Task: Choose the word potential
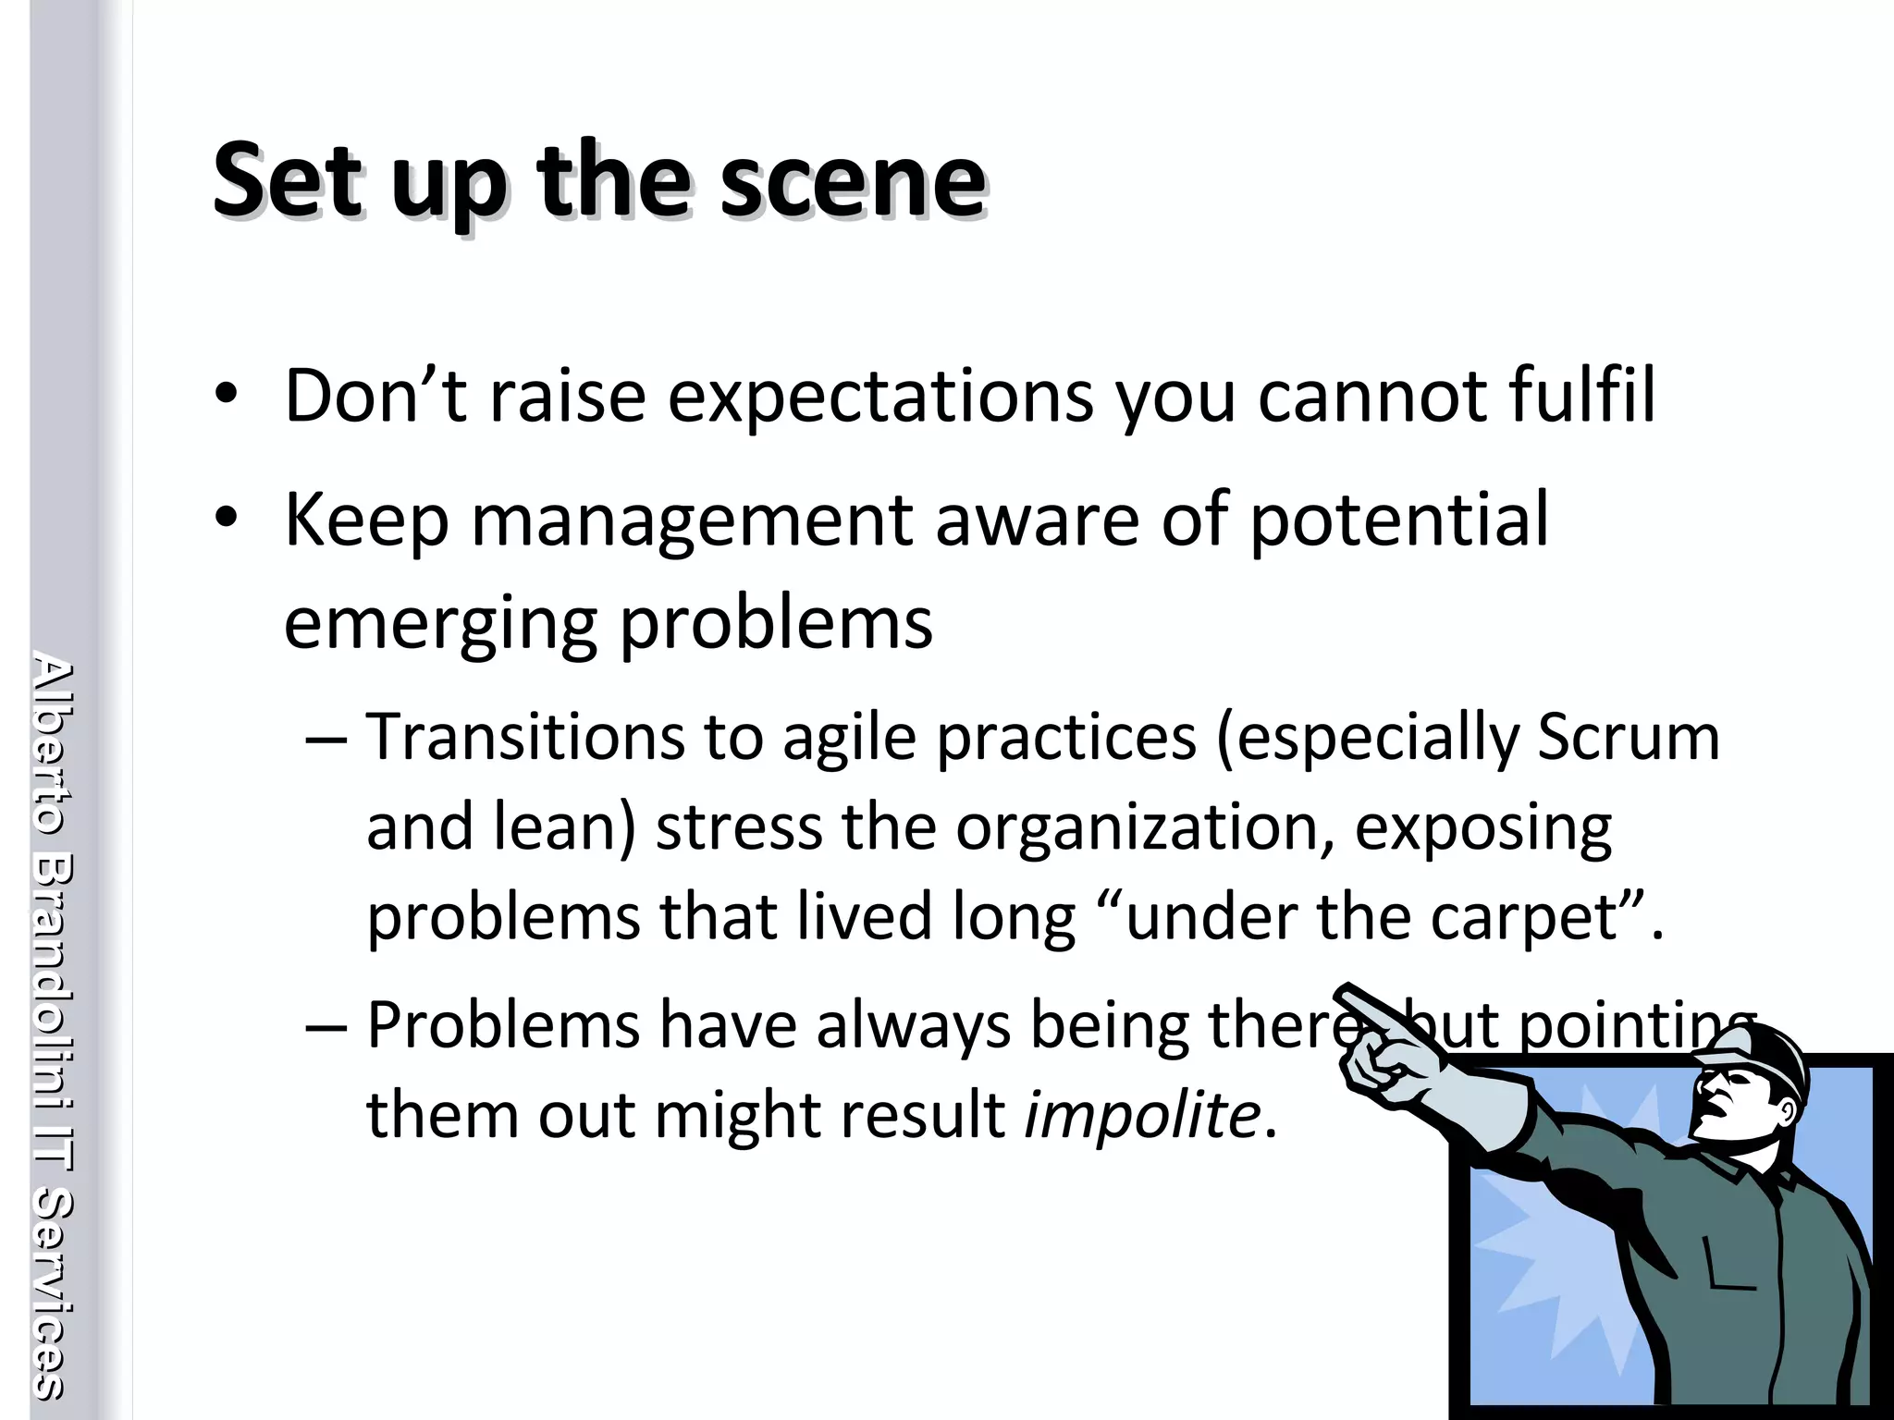pos(1398,520)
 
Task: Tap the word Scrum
pos(1628,737)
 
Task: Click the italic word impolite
pos(1142,1114)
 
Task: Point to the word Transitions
pos(525,737)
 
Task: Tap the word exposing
pos(1483,827)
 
